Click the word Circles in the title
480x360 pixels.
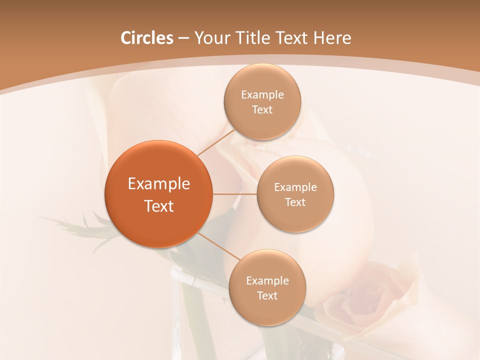tap(146, 38)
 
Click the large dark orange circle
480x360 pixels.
tap(158, 194)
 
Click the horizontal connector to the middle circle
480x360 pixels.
tap(234, 193)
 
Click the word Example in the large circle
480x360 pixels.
tap(158, 184)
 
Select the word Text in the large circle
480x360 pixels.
tap(158, 206)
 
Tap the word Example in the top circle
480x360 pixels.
tap(262, 95)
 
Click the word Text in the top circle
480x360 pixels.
tap(262, 110)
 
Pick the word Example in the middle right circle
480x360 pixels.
tap(295, 187)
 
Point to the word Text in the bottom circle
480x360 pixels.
tap(267, 296)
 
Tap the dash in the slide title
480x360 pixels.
tap(183, 38)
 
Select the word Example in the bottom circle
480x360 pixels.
tap(267, 281)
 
